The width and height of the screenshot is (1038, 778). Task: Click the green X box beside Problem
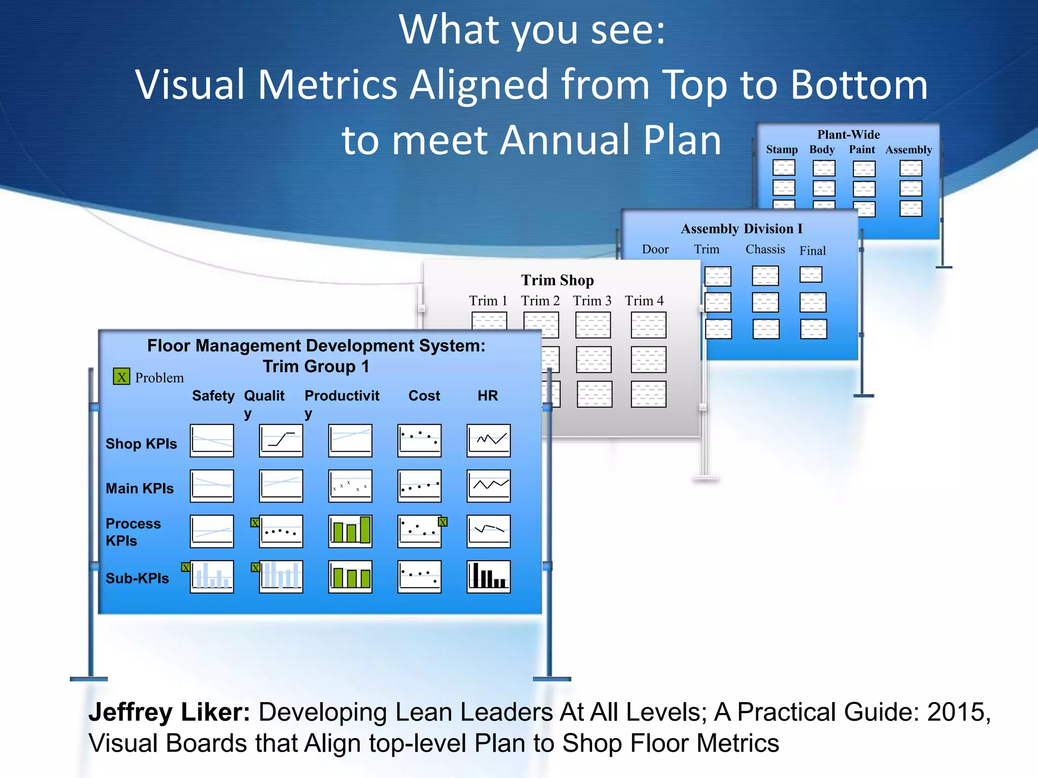(x=121, y=376)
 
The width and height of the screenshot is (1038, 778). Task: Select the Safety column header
(x=213, y=396)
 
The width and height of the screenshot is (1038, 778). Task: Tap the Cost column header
(x=424, y=396)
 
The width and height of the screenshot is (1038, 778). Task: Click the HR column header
(x=488, y=396)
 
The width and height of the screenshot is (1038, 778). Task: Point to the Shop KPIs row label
(x=141, y=444)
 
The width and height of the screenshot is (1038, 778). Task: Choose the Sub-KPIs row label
(x=137, y=578)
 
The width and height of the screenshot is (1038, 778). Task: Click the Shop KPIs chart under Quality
(x=281, y=441)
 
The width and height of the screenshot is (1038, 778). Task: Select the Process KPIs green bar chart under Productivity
(x=350, y=531)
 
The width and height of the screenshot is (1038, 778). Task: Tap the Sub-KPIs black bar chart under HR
(x=489, y=576)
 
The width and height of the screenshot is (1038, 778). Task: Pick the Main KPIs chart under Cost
(x=419, y=486)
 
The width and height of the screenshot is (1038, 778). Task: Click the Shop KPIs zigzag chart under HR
(x=489, y=441)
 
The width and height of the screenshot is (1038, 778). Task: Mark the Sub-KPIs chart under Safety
(x=212, y=576)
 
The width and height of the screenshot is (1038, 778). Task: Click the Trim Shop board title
(x=558, y=280)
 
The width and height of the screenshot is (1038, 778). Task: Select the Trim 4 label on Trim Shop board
(x=644, y=301)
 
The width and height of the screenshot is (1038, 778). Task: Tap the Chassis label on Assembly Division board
(x=765, y=249)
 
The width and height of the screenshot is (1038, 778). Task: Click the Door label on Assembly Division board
(x=655, y=249)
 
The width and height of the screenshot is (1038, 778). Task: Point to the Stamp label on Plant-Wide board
(x=782, y=149)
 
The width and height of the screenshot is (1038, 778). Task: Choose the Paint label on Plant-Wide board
(x=862, y=149)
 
